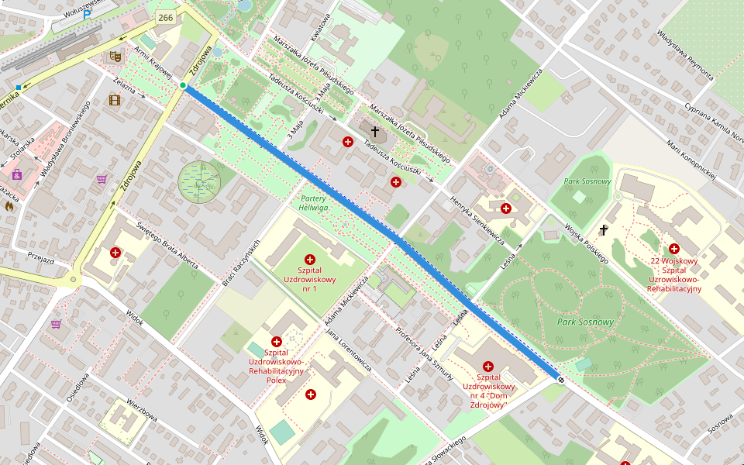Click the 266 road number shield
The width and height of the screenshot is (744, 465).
pyautogui.click(x=165, y=17)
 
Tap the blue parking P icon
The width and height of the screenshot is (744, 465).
pyautogui.click(x=88, y=13)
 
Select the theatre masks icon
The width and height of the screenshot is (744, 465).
pyautogui.click(x=115, y=56)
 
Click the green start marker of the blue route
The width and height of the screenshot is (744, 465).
pyautogui.click(x=183, y=85)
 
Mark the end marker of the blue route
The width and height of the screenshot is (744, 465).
pyautogui.click(x=559, y=379)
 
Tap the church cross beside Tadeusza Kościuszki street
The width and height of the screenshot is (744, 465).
pyautogui.click(x=375, y=133)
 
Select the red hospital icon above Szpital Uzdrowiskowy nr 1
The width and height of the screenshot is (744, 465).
pyautogui.click(x=310, y=260)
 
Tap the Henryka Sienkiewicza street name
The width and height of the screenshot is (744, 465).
pyautogui.click(x=477, y=221)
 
